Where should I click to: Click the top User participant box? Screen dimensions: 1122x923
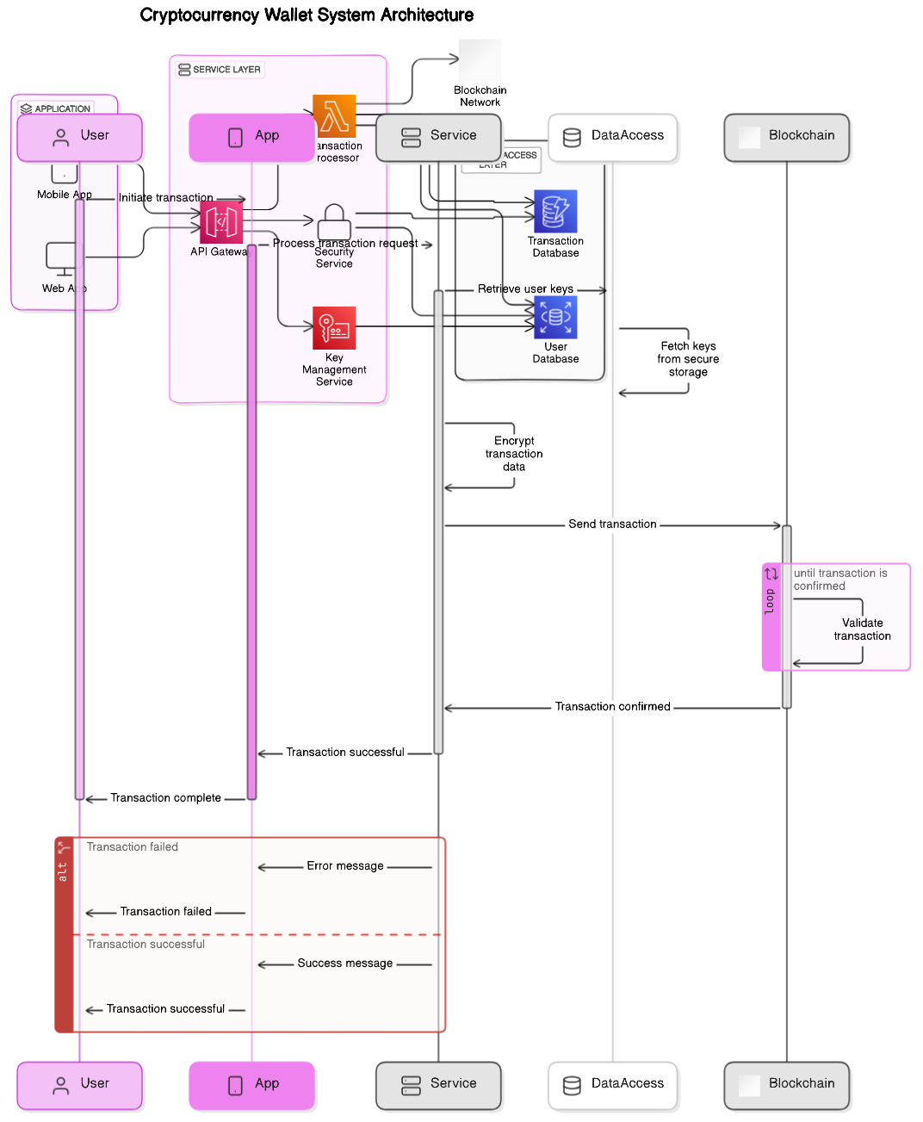point(80,136)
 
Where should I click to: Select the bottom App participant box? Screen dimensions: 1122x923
point(252,1084)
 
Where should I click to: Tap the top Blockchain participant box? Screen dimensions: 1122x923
point(787,136)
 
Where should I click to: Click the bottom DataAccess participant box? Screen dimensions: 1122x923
point(613,1084)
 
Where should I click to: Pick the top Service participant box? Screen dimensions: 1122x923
point(438,136)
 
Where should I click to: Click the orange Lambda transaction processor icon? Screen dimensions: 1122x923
point(334,116)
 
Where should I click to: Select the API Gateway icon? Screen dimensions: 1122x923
point(221,223)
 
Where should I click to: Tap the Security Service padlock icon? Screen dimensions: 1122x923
point(334,222)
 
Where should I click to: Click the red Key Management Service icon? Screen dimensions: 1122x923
point(334,328)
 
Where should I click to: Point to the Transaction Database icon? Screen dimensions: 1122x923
point(555,212)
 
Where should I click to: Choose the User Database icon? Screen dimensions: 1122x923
point(555,318)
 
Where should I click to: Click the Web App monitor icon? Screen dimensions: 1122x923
point(61,258)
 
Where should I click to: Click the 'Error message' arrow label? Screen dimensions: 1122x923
point(345,866)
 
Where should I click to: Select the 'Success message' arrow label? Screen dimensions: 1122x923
point(345,964)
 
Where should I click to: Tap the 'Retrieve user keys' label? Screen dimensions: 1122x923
point(525,289)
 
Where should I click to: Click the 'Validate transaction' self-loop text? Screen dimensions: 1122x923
point(862,629)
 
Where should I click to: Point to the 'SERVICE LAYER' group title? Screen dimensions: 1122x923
point(226,70)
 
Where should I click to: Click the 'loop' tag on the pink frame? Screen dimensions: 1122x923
point(770,601)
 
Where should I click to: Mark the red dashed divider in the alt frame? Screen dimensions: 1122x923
point(258,934)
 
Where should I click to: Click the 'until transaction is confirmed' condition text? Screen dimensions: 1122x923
point(839,580)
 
